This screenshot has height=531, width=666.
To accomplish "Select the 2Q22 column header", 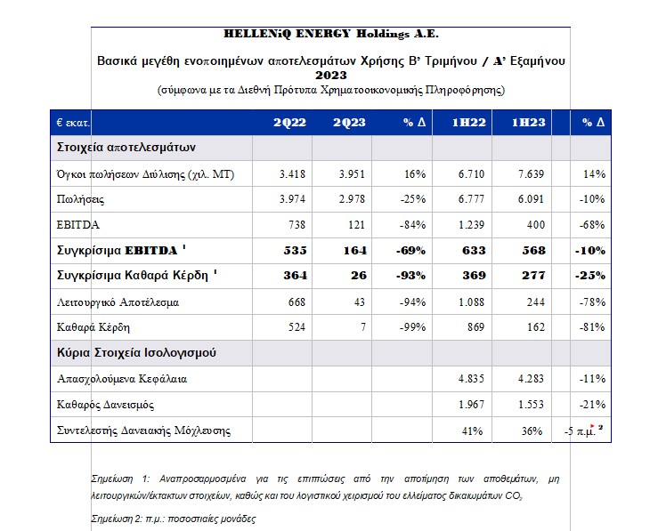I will click(x=288, y=122).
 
